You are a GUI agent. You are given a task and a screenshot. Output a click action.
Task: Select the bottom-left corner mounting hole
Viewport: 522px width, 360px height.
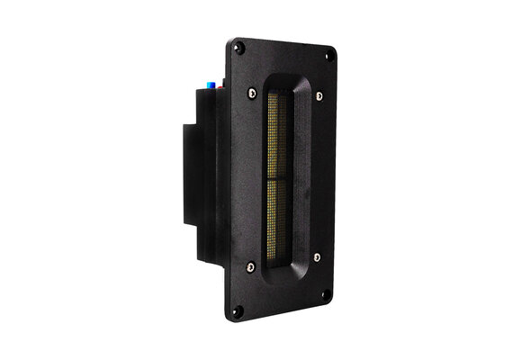pyautogui.click(x=238, y=311)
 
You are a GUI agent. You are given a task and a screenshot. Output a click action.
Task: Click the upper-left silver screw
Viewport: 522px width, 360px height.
pyautogui.click(x=251, y=92)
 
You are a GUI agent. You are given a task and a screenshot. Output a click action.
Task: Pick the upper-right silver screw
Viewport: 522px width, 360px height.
pyautogui.click(x=317, y=94)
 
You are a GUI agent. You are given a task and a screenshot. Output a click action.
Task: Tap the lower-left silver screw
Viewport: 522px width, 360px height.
pyautogui.click(x=252, y=266)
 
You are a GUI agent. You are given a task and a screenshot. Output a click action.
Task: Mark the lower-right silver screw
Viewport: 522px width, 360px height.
pyautogui.click(x=317, y=256)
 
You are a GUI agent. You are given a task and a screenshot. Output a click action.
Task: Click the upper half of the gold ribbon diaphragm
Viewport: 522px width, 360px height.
pyautogui.click(x=275, y=135)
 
